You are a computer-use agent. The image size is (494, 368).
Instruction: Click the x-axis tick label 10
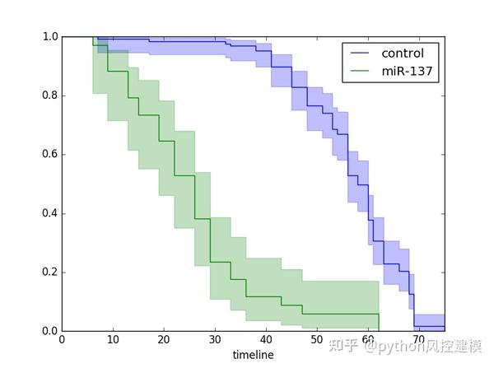113,342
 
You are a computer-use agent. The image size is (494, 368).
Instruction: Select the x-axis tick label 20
164,342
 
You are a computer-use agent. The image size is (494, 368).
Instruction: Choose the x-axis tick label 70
419,342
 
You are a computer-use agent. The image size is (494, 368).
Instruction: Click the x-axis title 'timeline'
252,356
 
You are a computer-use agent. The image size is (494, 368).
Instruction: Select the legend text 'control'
403,54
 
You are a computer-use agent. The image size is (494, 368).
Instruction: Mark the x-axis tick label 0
62,342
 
